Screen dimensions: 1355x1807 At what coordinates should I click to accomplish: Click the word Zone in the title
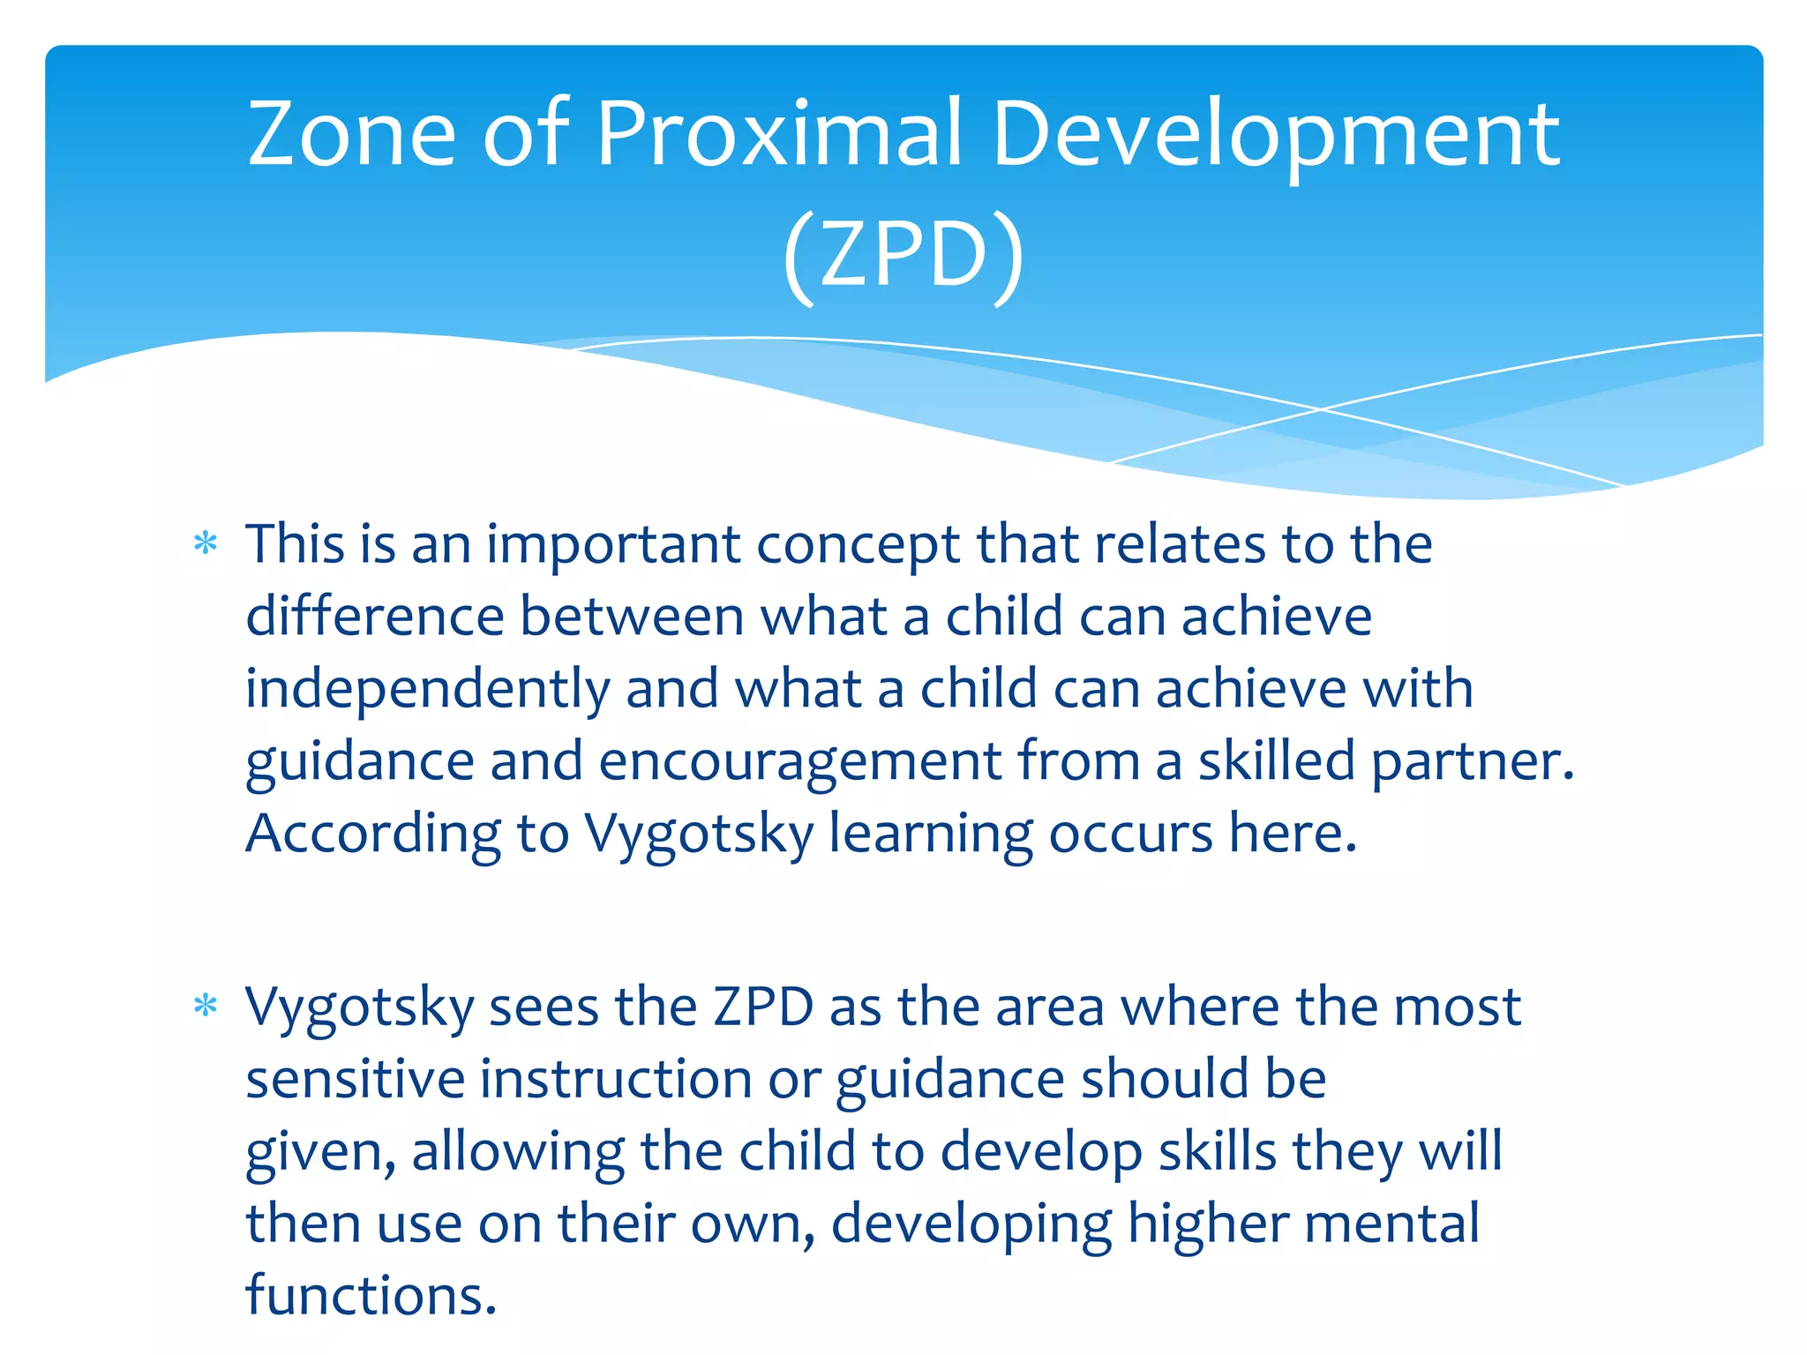(350, 134)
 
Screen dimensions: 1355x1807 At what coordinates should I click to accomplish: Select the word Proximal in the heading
(779, 134)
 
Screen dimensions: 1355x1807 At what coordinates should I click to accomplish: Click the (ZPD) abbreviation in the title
(903, 256)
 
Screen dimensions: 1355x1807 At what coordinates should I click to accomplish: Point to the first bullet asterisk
(206, 543)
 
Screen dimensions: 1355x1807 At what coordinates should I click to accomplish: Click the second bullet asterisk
(206, 1006)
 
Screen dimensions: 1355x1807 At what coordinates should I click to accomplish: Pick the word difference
(374, 616)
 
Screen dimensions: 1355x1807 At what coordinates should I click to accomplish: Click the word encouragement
(800, 762)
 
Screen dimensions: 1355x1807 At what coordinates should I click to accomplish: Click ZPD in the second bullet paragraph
(763, 1007)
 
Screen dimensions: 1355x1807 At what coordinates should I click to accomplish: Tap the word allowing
(518, 1152)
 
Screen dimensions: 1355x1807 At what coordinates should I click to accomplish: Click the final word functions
(371, 1296)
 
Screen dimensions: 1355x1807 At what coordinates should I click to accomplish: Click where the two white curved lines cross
(1321, 408)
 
